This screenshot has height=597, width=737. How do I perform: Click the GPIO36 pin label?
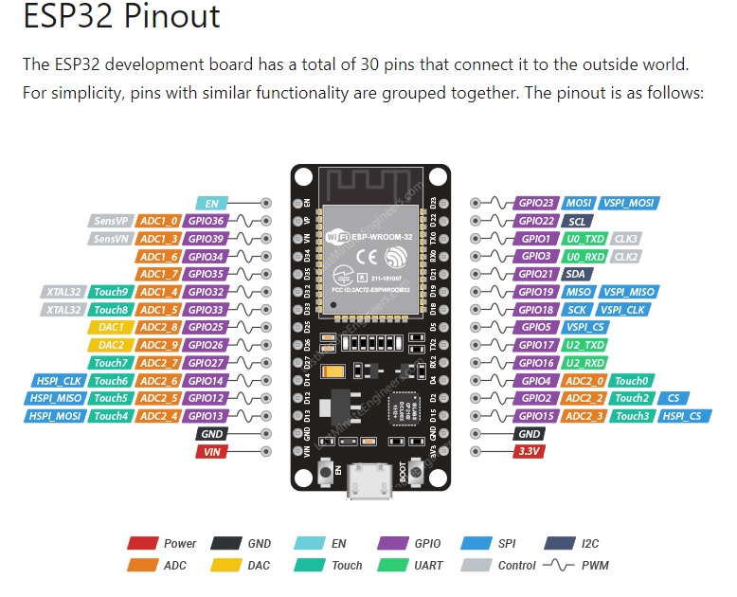(205, 220)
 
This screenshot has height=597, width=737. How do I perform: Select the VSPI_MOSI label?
(629, 203)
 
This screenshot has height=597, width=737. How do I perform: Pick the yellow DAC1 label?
(111, 327)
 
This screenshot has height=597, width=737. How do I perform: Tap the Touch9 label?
(111, 292)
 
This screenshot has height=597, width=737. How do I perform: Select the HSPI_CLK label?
(59, 381)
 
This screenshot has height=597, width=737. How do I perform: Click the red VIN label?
(211, 453)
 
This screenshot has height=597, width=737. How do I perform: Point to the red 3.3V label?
(529, 453)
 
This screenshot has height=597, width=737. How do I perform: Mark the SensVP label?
(111, 220)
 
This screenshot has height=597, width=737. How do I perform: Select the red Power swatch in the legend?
(142, 544)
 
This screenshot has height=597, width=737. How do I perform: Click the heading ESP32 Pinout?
(121, 17)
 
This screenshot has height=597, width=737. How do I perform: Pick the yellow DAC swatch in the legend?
(225, 566)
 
